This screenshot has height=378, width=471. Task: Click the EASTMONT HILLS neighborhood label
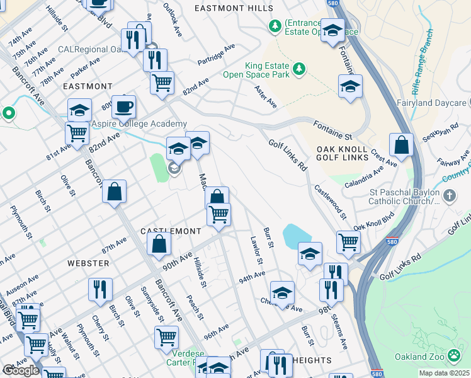click(x=234, y=8)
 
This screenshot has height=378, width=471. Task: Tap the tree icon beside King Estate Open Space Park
click(x=300, y=68)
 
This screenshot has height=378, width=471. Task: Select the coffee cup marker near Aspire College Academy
click(x=125, y=106)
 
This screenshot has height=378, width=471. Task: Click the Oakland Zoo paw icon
click(x=455, y=357)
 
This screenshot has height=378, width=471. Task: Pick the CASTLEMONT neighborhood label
click(x=171, y=231)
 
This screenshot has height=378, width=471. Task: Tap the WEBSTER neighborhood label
click(x=88, y=263)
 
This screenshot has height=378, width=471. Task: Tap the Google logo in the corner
click(x=21, y=370)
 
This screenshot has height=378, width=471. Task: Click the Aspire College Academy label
click(x=140, y=124)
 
